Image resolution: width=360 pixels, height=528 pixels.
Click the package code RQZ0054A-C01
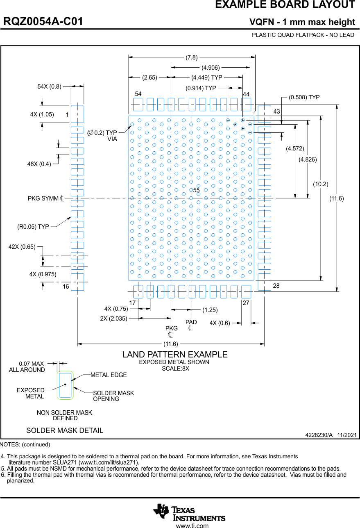click(43, 22)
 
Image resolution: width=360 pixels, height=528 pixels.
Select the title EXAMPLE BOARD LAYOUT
click(285, 5)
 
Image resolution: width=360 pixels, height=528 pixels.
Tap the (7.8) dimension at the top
click(192, 57)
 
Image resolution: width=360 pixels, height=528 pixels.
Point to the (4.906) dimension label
click(211, 67)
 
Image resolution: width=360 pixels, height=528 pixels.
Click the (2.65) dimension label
click(149, 77)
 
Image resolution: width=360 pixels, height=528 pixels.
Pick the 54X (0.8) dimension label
click(49, 86)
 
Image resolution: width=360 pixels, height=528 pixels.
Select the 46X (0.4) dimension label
click(39, 164)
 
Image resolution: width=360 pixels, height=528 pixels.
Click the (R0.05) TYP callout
click(33, 226)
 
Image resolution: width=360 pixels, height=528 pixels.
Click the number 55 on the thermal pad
click(196, 191)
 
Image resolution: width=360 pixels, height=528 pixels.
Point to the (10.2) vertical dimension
click(321, 184)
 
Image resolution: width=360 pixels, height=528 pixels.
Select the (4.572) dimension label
click(295, 148)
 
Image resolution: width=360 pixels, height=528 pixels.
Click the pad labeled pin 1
click(77, 114)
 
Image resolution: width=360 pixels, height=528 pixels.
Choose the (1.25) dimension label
click(210, 310)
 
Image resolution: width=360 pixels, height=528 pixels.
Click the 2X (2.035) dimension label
click(113, 318)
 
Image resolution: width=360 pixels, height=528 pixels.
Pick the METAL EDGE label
click(109, 375)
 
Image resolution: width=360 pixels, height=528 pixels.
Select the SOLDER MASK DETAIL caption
click(65, 430)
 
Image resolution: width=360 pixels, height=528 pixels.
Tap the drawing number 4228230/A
click(319, 435)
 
